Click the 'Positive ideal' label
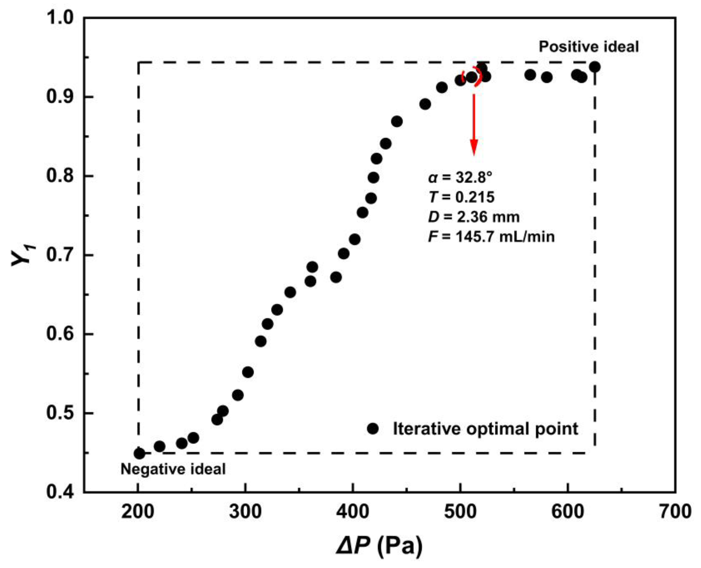click(588, 47)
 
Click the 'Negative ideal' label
click(173, 469)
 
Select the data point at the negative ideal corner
click(139, 453)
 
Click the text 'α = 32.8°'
click(460, 178)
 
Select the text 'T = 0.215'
click(461, 197)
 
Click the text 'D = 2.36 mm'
click(474, 217)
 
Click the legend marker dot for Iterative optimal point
click(373, 428)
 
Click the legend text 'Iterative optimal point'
click(485, 428)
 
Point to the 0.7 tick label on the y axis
click(61, 255)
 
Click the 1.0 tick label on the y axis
click(61, 18)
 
